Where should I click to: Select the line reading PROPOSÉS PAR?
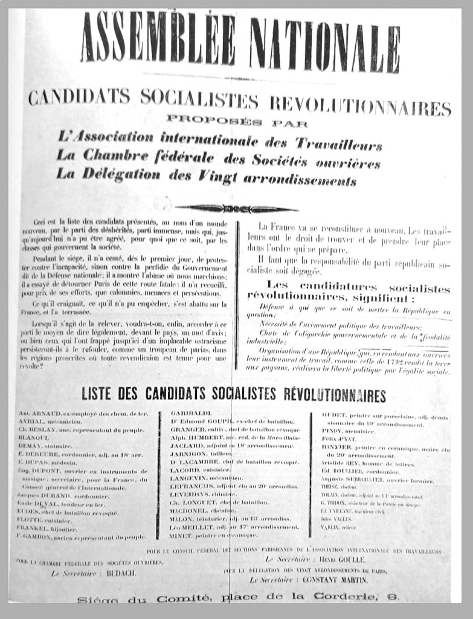pyautogui.click(x=237, y=123)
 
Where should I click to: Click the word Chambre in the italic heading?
pyautogui.click(x=123, y=156)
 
